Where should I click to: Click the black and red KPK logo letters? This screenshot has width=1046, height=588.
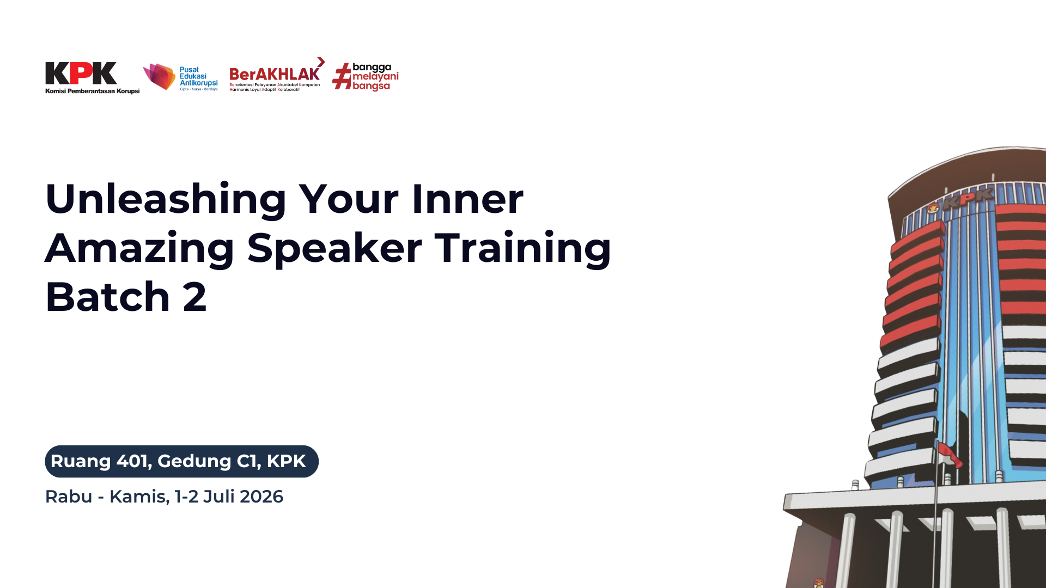(x=81, y=73)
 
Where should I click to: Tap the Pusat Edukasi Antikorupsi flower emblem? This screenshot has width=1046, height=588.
(x=159, y=76)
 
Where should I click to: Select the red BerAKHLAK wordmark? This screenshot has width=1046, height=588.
(x=275, y=73)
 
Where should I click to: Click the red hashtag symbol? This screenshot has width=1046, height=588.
(x=342, y=76)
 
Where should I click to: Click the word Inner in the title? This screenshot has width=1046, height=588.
(x=467, y=199)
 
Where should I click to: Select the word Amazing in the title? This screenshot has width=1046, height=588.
(x=139, y=248)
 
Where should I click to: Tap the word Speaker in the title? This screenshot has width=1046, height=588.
(x=335, y=248)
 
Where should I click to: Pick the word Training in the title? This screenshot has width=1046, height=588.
(x=523, y=248)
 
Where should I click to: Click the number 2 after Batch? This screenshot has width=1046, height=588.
(x=195, y=297)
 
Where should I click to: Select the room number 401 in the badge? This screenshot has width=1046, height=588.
(x=133, y=461)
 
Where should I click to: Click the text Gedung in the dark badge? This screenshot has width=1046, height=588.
(x=194, y=462)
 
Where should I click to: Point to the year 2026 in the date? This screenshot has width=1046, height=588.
(x=261, y=497)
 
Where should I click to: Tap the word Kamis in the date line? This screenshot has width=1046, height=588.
(x=139, y=497)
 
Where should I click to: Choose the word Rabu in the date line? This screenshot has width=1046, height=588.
(x=69, y=497)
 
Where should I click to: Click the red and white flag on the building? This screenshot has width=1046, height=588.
(x=949, y=455)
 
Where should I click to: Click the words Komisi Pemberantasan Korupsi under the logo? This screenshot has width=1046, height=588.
(x=93, y=91)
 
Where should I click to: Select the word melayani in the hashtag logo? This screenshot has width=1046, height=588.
(x=375, y=77)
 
